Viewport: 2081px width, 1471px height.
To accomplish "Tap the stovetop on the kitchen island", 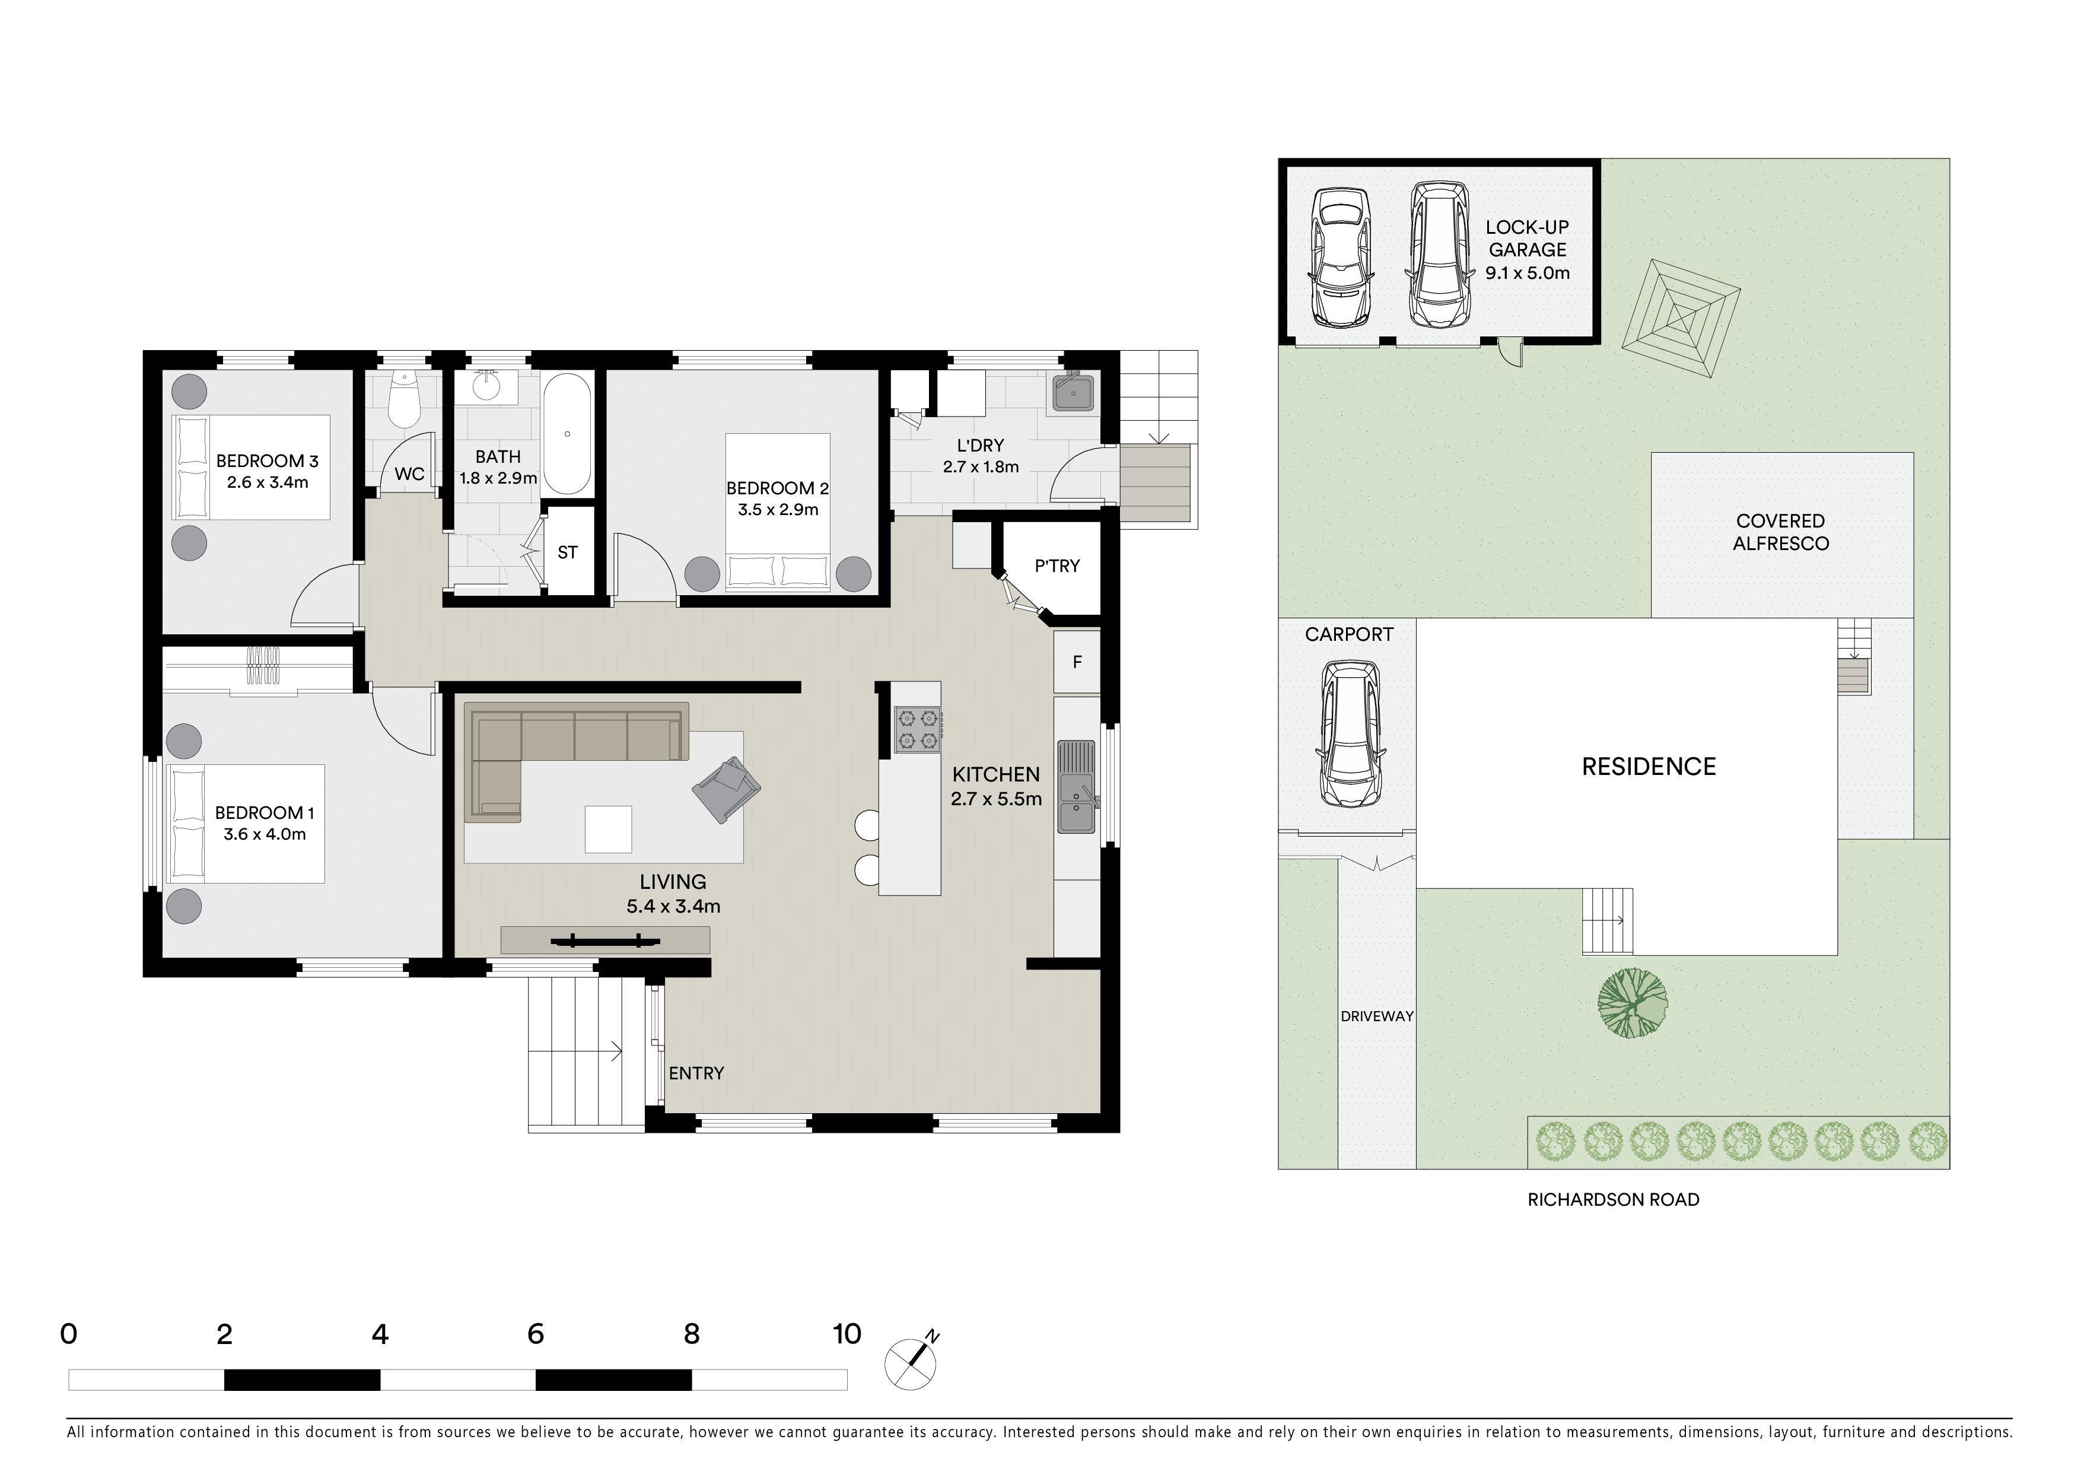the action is click(917, 730).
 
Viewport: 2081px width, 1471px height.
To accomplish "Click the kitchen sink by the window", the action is click(1076, 785).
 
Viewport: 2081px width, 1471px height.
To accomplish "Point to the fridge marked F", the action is click(1077, 662).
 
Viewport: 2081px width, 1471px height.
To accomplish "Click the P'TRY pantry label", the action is click(1057, 565).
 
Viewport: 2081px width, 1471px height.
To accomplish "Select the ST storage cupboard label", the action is click(567, 552).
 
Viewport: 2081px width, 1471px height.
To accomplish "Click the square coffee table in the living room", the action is click(608, 830).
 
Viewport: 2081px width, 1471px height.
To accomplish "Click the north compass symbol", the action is click(913, 1361).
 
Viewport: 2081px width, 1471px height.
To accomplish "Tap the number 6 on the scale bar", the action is click(536, 1333).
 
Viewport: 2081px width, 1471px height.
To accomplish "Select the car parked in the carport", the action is click(1351, 733).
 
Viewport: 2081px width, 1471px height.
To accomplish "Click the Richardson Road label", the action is click(1614, 1199).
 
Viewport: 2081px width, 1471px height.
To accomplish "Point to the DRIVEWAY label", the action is click(1377, 1016).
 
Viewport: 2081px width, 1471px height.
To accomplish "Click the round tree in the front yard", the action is click(1631, 1002).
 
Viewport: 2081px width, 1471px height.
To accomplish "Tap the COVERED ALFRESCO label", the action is click(1781, 532).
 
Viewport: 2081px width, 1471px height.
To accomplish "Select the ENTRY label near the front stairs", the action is click(696, 1073).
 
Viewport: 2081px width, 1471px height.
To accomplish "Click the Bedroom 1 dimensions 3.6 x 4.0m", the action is click(265, 834).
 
